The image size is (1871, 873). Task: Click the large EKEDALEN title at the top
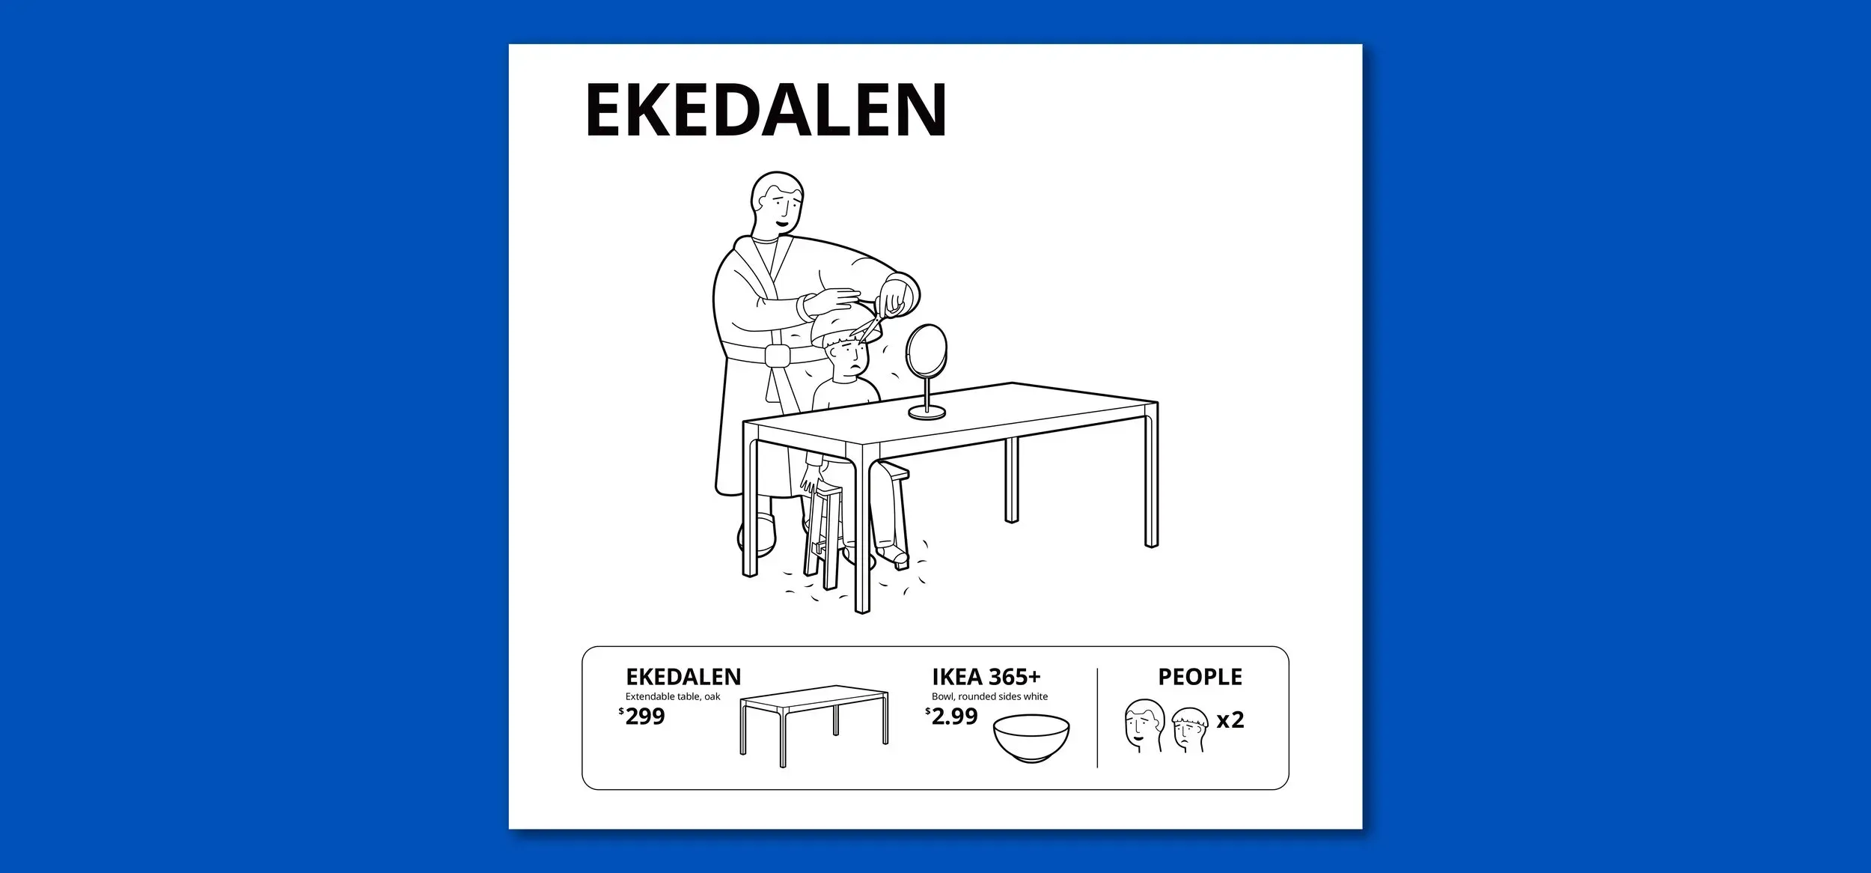[x=766, y=110]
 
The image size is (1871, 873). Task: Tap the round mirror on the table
[x=927, y=350]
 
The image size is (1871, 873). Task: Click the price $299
[x=642, y=717]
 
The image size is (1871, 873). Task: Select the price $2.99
[x=951, y=717]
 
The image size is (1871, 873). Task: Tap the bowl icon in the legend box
[x=1031, y=739]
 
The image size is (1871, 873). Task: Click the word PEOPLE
[x=1200, y=677]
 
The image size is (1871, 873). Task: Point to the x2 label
[x=1230, y=720]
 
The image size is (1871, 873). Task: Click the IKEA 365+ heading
[x=986, y=677]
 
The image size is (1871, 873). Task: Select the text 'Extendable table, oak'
[x=673, y=697]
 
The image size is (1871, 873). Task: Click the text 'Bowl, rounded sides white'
[x=989, y=697]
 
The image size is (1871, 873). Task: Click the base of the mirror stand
[x=927, y=412]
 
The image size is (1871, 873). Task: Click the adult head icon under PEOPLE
[x=1144, y=726]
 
